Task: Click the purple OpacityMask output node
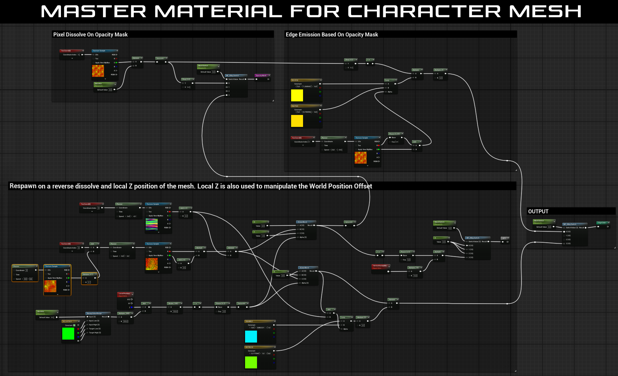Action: (x=262, y=76)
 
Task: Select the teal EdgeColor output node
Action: (x=602, y=223)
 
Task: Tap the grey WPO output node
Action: (x=504, y=238)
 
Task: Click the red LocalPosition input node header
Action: (x=125, y=294)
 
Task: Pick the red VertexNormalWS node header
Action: (x=381, y=266)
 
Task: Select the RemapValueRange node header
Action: (x=98, y=313)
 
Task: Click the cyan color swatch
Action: (x=251, y=336)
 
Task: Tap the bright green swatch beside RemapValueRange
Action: (x=68, y=333)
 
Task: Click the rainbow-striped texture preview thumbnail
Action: (x=152, y=224)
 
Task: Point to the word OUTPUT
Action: (x=538, y=211)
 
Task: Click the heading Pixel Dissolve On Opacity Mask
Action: (x=90, y=34)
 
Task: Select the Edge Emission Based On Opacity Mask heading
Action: (x=332, y=34)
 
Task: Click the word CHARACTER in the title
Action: (x=424, y=12)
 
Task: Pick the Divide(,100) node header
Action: (x=174, y=303)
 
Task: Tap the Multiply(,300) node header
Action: (x=125, y=313)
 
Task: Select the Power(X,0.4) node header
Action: (x=395, y=134)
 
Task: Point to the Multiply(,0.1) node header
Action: (x=89, y=274)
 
